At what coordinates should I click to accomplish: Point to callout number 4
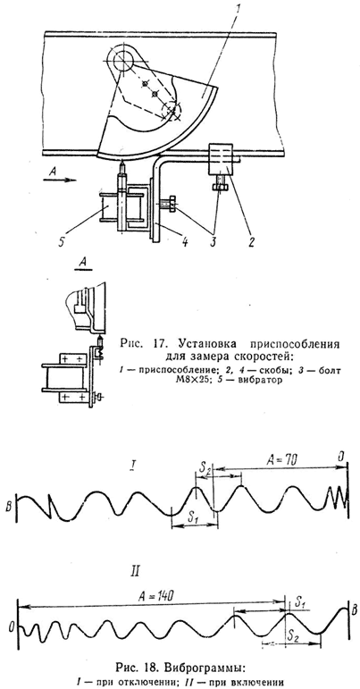[185, 241]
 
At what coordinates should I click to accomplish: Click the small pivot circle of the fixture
[121, 56]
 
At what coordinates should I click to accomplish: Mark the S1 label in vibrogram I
[194, 517]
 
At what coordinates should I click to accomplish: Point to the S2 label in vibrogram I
[205, 467]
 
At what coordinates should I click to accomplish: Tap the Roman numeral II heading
[136, 571]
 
